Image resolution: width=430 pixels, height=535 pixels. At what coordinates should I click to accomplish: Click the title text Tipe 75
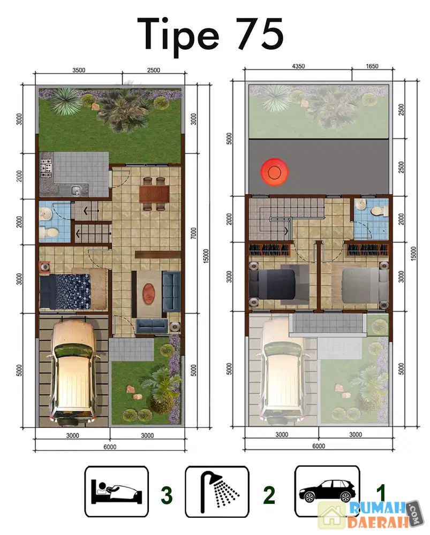(x=210, y=35)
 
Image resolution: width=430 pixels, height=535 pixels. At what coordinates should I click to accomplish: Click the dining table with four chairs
(x=154, y=194)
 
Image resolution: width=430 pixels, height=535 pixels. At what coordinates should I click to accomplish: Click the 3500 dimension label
(x=79, y=70)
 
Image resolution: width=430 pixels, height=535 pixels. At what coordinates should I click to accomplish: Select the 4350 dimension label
(x=298, y=66)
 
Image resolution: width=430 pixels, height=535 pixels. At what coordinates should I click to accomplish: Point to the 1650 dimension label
(x=372, y=66)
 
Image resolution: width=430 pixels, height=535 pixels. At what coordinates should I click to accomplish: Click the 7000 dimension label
(x=194, y=233)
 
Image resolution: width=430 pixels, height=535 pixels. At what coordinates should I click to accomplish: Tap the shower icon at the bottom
(x=217, y=492)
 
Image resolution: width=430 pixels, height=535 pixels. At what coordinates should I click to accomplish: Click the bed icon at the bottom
(x=116, y=491)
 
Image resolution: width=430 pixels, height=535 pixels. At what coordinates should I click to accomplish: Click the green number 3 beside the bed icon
(x=167, y=495)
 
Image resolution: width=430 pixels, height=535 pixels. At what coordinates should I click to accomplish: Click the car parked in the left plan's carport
(x=73, y=372)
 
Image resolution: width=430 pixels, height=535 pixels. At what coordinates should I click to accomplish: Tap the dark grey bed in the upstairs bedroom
(x=272, y=284)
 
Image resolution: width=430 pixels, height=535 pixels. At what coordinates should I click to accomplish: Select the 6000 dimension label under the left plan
(x=110, y=447)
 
